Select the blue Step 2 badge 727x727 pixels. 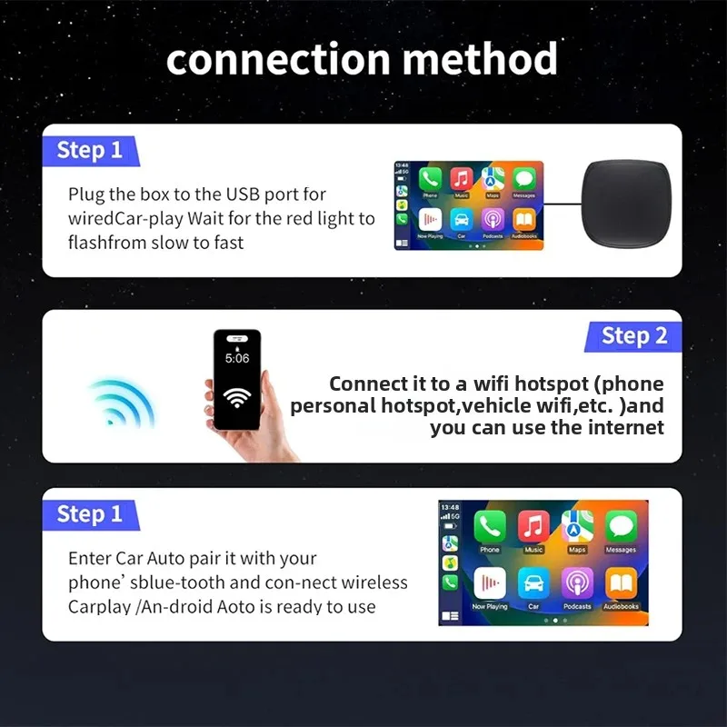coord(633,336)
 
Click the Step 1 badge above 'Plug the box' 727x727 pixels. coord(89,150)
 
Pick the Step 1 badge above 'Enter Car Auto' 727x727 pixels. coord(89,514)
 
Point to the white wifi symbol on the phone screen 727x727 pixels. coord(237,397)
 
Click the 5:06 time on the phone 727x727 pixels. coord(237,359)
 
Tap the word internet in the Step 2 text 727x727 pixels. coord(620,427)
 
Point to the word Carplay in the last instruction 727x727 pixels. coord(99,607)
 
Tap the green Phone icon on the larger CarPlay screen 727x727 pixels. coord(490,527)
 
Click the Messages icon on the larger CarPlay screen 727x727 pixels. coord(622,527)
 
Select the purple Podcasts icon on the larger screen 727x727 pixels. coord(578,583)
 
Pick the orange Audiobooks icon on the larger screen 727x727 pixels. coord(622,583)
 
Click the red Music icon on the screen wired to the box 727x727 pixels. coord(462,178)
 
